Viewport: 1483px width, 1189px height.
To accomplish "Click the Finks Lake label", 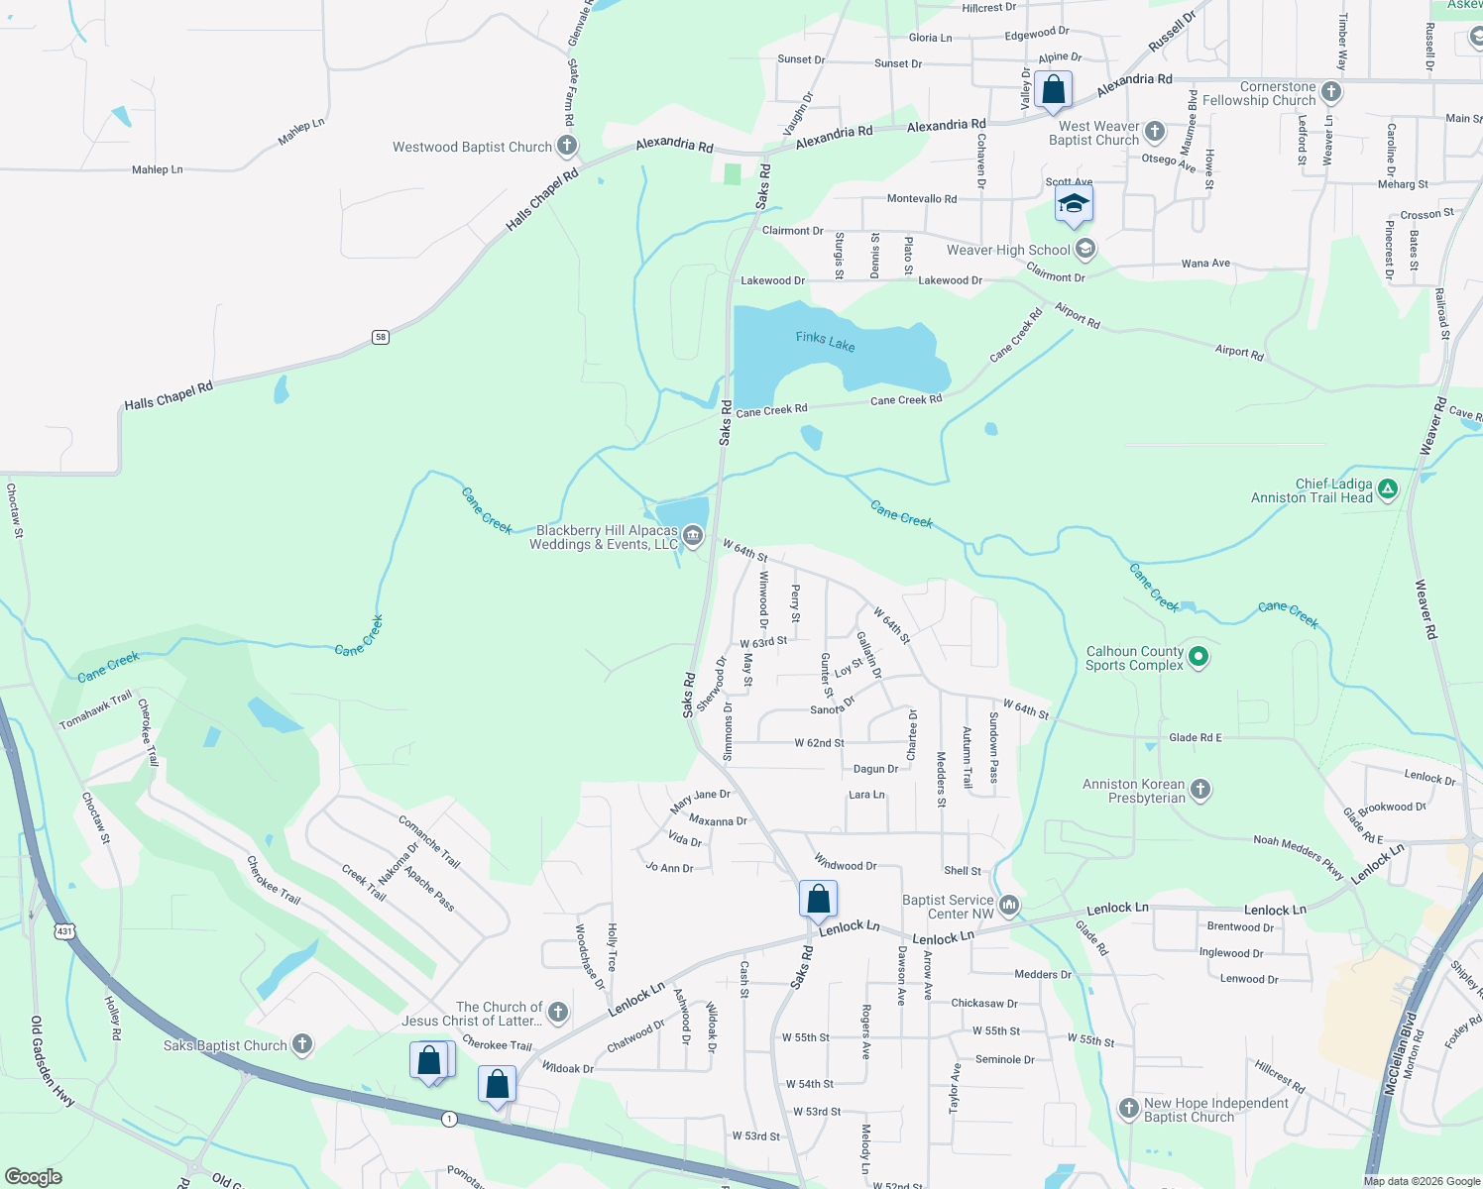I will pyautogui.click(x=825, y=341).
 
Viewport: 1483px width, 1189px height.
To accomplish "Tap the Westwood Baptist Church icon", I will pyautogui.click(x=567, y=147).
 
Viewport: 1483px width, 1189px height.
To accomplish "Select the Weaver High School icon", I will pyautogui.click(x=1085, y=249).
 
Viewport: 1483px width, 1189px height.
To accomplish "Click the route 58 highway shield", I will pyautogui.click(x=381, y=337).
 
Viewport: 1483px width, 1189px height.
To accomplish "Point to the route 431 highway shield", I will pyautogui.click(x=64, y=931).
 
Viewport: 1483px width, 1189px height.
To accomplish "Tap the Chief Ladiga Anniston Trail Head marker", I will pyautogui.click(x=1388, y=488).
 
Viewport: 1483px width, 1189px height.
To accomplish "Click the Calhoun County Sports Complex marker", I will pyautogui.click(x=1198, y=657).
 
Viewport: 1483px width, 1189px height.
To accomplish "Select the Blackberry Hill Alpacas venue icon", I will pyautogui.click(x=693, y=537).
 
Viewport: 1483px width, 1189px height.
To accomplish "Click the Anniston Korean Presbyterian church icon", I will pyautogui.click(x=1200, y=790).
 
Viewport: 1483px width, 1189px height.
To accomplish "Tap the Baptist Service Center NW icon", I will pyautogui.click(x=1009, y=905).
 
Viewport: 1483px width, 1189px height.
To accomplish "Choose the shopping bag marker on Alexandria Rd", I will pyautogui.click(x=1053, y=90).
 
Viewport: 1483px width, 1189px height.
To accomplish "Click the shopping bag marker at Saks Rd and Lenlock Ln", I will pyautogui.click(x=818, y=900).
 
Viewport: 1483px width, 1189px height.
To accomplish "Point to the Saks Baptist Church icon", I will pyautogui.click(x=302, y=1044).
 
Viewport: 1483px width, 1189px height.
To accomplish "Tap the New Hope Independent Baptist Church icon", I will pyautogui.click(x=1128, y=1109).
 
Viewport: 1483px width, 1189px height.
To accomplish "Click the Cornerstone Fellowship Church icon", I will pyautogui.click(x=1331, y=92).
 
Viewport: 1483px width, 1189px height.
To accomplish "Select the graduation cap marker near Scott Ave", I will pyautogui.click(x=1073, y=204).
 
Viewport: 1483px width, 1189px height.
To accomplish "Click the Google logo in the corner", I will pyautogui.click(x=33, y=1176).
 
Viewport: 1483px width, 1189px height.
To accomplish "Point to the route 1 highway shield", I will pyautogui.click(x=450, y=1119).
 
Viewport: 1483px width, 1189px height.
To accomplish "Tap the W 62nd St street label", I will pyautogui.click(x=819, y=743).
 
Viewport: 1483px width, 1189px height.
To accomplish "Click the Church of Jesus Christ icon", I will pyautogui.click(x=558, y=1012).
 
